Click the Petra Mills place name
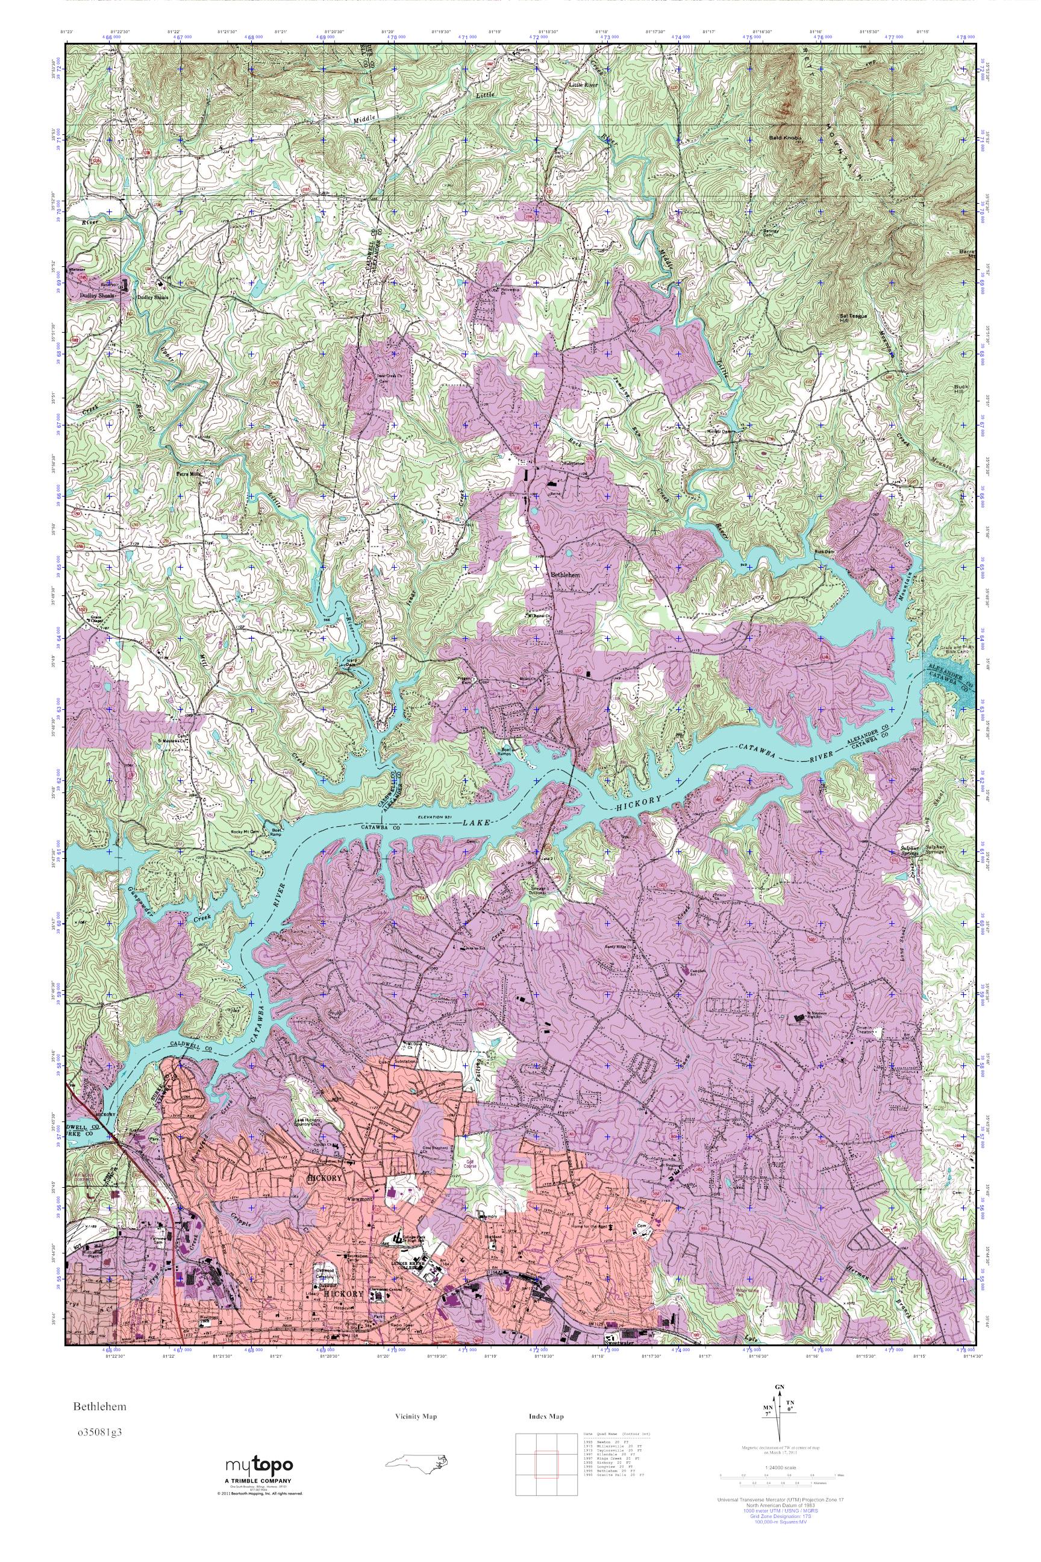(187, 474)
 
